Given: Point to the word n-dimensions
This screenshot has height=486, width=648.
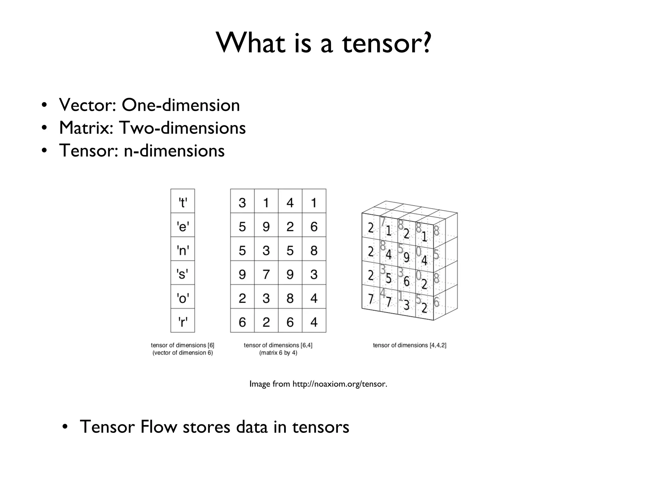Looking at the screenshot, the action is (x=174, y=150).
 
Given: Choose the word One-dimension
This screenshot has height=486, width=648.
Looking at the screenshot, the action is (x=181, y=105).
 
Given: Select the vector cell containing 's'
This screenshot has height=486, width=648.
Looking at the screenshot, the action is (x=183, y=273).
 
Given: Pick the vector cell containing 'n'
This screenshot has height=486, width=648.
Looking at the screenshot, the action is (x=183, y=249).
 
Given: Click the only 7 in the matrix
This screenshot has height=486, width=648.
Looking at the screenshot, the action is (x=266, y=274).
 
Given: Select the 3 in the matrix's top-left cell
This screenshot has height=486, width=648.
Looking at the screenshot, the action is (x=242, y=202).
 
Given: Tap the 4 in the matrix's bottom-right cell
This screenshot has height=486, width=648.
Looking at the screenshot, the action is (x=314, y=322).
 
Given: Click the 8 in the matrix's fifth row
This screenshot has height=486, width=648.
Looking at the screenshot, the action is (x=290, y=298).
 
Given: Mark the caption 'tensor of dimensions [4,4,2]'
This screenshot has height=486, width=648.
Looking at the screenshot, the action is (x=409, y=345).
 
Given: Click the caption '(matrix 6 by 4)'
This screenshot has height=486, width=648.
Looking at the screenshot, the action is (x=278, y=352).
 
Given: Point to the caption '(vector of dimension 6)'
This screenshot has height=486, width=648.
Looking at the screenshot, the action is (x=183, y=352).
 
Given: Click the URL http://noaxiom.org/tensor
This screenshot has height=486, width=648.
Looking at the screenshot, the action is (x=340, y=384).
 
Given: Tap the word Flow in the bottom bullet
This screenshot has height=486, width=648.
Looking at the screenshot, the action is (x=159, y=427).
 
